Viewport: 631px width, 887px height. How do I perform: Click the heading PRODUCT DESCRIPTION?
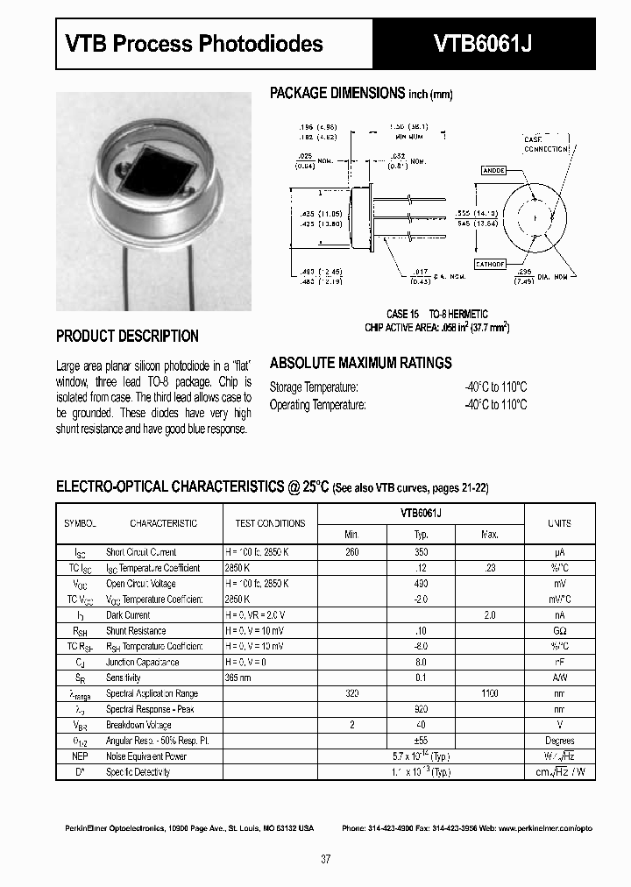coord(127,336)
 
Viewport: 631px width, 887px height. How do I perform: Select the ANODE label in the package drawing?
coord(493,170)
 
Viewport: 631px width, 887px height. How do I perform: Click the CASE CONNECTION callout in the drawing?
coord(546,145)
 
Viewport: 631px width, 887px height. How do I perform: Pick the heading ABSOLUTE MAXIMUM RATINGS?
coord(360,363)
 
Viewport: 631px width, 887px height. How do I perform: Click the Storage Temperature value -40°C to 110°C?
coord(495,387)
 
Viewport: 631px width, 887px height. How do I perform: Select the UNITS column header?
coord(559,523)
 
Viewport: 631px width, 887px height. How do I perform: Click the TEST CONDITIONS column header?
coord(270,523)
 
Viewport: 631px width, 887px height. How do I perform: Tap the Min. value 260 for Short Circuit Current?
coord(352,552)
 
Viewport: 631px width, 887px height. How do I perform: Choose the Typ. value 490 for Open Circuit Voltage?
coord(421,584)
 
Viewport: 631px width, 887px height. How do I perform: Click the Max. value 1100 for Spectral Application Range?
coord(490,693)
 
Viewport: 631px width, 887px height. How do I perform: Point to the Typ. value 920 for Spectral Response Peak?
coord(421,709)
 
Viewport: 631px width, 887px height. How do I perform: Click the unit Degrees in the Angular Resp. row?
coord(559,741)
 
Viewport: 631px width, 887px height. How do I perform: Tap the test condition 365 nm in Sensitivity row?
coord(239,678)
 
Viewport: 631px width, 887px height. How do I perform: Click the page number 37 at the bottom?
coord(325,860)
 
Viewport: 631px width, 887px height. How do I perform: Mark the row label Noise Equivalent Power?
coord(146,756)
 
